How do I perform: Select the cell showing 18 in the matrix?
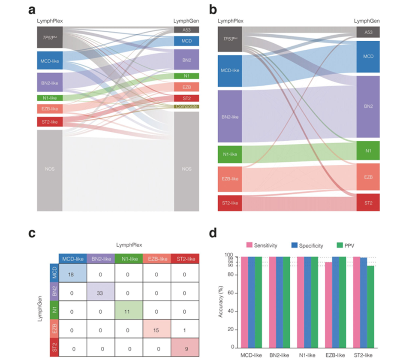72,274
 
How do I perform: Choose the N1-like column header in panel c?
128,260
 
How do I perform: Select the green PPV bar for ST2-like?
370,306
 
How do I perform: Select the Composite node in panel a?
186,106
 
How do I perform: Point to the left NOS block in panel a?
50,169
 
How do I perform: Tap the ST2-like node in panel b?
229,203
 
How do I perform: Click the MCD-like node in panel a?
50,61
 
